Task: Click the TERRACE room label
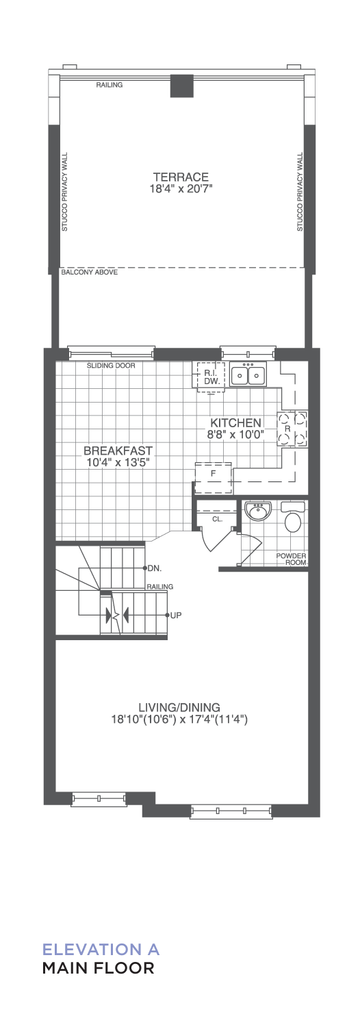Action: (181, 177)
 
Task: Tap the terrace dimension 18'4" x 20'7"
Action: (181, 188)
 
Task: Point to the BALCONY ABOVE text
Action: (90, 272)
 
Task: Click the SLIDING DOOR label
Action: (111, 366)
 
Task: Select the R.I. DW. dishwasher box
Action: (211, 376)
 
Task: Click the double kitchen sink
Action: (248, 374)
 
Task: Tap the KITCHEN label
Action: (235, 422)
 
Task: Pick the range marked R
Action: (292, 429)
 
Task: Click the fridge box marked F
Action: (214, 478)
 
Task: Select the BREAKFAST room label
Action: (118, 451)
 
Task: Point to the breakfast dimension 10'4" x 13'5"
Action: (118, 463)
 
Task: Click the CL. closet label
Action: (218, 520)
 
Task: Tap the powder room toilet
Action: (293, 517)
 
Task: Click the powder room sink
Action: (258, 511)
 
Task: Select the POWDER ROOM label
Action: (291, 559)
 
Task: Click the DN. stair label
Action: (155, 568)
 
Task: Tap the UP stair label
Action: (176, 616)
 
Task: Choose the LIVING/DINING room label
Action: (179, 707)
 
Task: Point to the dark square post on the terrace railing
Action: (181, 86)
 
